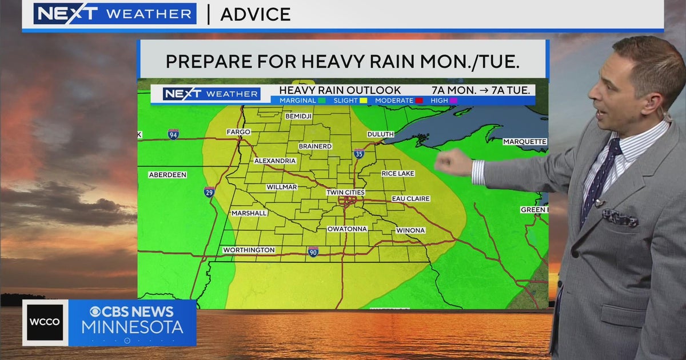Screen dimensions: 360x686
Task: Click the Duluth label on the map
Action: [380, 134]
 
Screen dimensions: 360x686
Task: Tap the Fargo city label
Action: [238, 132]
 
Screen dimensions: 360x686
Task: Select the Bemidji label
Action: [298, 117]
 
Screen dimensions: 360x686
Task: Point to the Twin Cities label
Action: [345, 193]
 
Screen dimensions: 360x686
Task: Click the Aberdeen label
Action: [167, 175]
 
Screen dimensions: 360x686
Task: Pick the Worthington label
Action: [249, 250]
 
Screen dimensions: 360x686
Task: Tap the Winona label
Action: [410, 231]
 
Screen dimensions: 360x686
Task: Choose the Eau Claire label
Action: [410, 199]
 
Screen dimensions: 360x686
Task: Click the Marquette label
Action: [525, 142]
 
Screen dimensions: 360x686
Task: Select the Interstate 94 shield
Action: [173, 134]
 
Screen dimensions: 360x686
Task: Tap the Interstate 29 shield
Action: [209, 192]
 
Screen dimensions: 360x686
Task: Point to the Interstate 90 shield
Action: [313, 251]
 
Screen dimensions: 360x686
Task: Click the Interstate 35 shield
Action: [359, 153]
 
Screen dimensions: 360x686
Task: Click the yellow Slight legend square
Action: [363, 101]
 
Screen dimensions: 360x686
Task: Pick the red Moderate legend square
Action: [418, 101]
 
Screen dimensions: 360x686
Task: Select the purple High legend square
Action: [454, 101]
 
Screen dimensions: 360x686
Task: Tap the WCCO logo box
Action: [45, 322]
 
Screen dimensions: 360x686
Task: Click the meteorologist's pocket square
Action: [620, 218]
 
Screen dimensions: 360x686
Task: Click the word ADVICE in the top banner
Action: [256, 14]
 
